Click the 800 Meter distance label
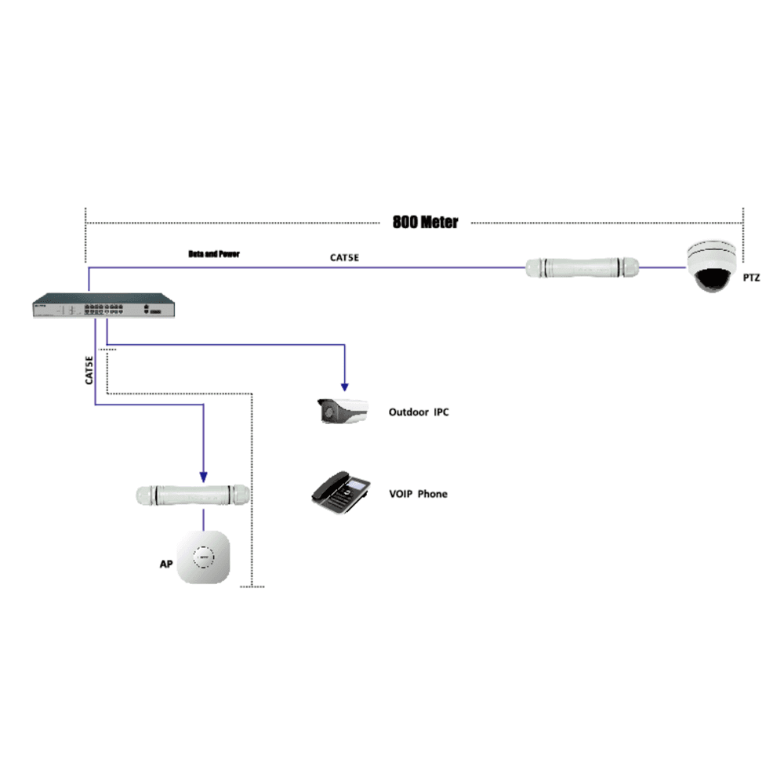pos(425,222)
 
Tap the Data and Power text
pos(213,254)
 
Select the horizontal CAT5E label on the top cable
pos(345,257)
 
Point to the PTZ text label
pos(751,278)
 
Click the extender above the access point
pos(193,495)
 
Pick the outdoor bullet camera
pos(343,412)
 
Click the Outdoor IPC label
pos(419,412)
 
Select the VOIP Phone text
pos(418,494)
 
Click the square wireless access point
pos(205,557)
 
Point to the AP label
pos(165,564)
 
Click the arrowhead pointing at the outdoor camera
pos(343,387)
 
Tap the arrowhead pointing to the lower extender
pos(204,476)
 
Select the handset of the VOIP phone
pos(325,488)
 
